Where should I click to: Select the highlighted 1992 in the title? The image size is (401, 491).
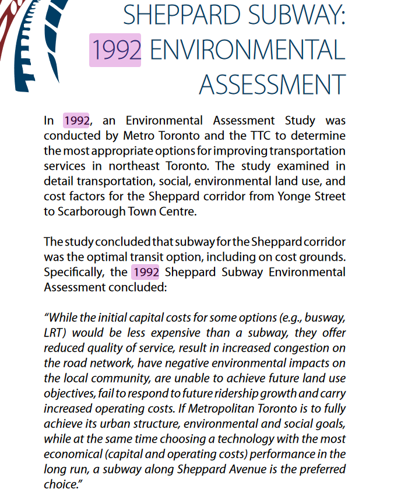(115, 50)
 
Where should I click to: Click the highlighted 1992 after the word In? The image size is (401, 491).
(76, 121)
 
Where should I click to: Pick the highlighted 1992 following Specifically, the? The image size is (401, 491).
(146, 272)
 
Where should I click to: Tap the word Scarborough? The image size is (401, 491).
(91, 212)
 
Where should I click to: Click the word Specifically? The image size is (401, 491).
(75, 272)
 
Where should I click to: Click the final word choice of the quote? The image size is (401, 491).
(61, 485)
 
